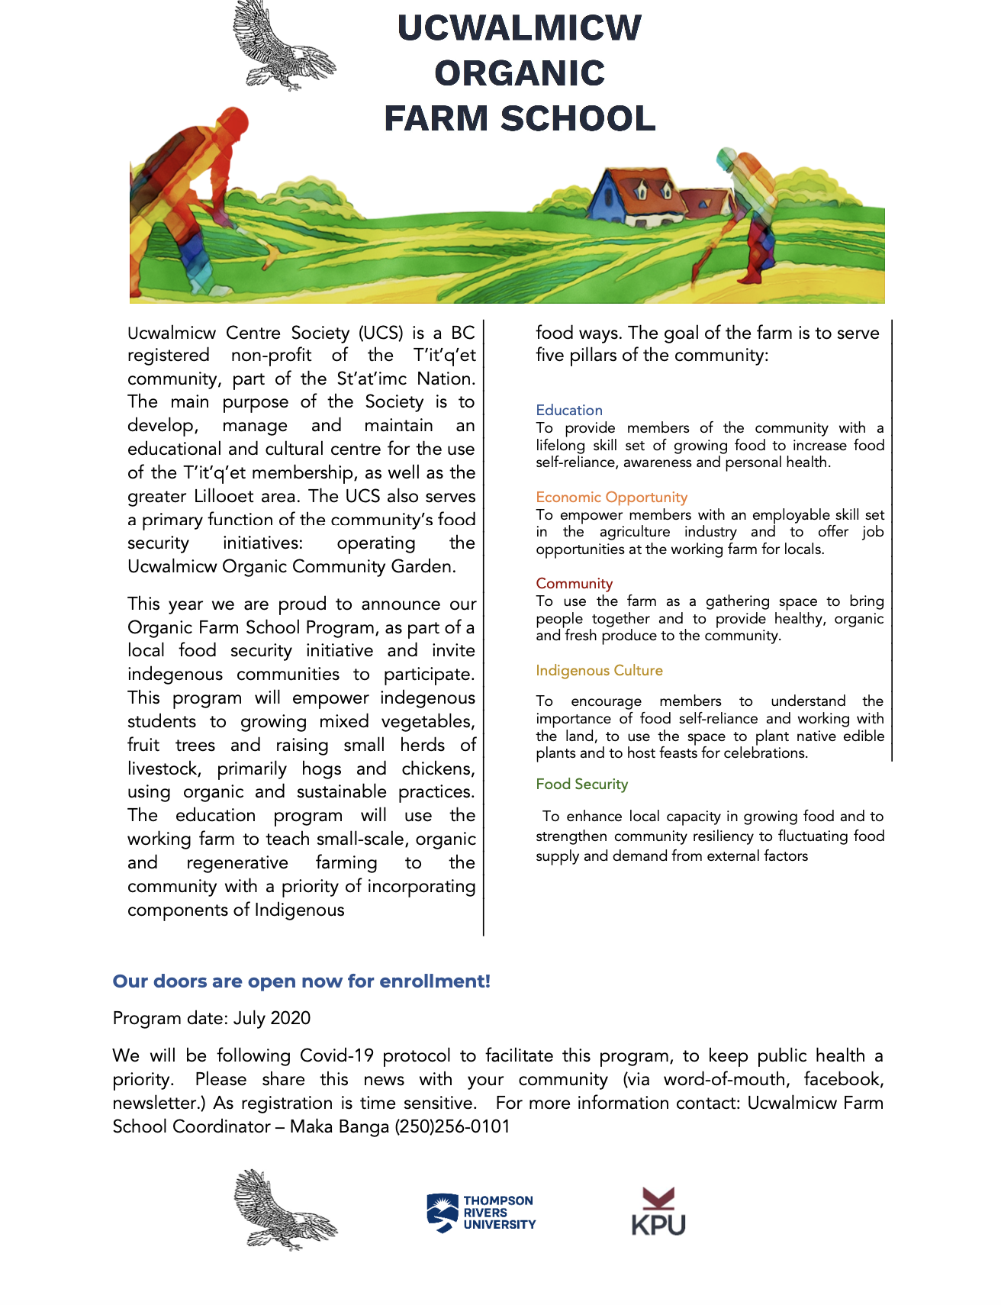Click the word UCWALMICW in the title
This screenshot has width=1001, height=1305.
[x=520, y=28]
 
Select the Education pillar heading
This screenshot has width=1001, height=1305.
[x=569, y=411]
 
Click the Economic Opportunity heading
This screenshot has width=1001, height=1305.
[x=611, y=498]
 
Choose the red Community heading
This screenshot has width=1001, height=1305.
[x=574, y=584]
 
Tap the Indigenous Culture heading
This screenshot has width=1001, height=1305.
[x=599, y=671]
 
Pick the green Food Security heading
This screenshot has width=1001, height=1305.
[x=581, y=785]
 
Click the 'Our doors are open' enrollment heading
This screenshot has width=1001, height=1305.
[x=301, y=981]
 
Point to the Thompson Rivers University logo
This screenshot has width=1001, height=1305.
[x=481, y=1213]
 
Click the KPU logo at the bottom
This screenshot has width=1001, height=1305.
[x=658, y=1212]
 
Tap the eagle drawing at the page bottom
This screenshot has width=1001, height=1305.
[x=285, y=1210]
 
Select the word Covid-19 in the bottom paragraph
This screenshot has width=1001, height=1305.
[x=336, y=1056]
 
